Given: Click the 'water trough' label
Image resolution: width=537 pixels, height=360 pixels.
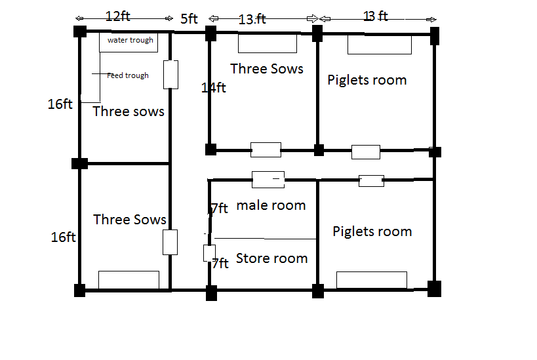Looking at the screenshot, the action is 130,40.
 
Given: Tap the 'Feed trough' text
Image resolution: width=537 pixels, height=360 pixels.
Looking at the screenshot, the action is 128,75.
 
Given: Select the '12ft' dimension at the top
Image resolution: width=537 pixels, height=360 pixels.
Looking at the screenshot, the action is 118,16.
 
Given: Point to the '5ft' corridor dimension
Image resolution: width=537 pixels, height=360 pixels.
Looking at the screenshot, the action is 189,18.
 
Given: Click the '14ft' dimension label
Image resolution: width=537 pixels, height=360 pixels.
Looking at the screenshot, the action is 213,88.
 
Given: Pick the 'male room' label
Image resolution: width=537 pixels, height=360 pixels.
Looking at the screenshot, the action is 271,205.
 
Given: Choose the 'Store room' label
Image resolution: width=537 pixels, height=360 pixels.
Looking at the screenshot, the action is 271,258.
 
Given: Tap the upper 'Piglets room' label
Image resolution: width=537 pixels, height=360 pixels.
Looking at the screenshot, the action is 367,80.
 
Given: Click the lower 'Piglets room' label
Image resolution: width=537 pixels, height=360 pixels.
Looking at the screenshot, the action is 372,231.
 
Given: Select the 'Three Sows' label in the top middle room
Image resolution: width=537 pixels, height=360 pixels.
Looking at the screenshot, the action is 266,69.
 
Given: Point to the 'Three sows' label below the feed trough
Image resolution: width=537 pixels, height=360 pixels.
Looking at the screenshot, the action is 129,111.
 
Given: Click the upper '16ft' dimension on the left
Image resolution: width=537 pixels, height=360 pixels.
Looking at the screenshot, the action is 60,104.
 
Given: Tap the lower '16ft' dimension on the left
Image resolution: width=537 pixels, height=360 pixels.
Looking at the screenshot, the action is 64,237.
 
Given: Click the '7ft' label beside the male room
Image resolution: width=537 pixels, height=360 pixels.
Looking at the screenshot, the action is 220,209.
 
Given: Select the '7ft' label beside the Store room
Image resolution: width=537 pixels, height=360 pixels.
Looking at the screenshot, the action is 220,264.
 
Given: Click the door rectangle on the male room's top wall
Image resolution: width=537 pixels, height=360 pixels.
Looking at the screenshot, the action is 268,180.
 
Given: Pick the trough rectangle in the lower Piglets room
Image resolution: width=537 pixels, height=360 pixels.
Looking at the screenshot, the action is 372,280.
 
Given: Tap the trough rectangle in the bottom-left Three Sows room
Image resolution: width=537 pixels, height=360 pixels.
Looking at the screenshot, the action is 129,280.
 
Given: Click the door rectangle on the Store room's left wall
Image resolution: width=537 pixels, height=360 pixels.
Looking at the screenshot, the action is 209,253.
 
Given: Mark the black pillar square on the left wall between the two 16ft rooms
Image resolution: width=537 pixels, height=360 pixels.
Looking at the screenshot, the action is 79,163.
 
